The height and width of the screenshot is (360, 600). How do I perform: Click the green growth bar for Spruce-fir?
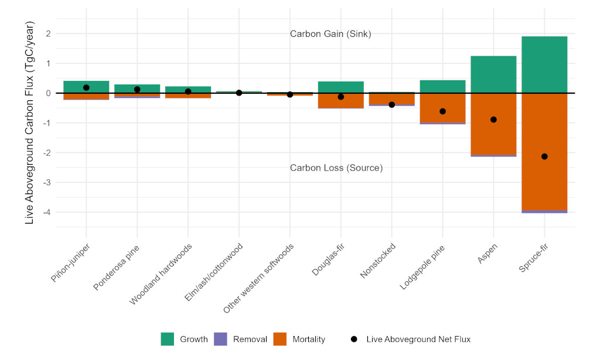(x=544, y=64)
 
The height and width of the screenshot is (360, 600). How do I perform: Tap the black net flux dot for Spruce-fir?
(x=544, y=157)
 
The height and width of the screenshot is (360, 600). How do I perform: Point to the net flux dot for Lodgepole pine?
(x=442, y=111)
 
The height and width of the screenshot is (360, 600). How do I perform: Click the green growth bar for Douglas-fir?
(x=340, y=87)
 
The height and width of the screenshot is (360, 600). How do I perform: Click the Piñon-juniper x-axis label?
(x=70, y=262)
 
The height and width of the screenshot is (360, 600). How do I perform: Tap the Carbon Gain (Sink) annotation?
(x=330, y=34)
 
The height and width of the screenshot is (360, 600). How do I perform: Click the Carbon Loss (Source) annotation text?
(x=336, y=168)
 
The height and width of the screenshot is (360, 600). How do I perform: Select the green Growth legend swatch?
(x=168, y=339)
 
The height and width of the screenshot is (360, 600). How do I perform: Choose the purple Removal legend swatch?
(x=221, y=339)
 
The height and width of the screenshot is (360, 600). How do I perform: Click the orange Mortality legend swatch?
(x=280, y=339)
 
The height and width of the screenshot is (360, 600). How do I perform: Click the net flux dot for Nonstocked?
(x=391, y=104)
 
